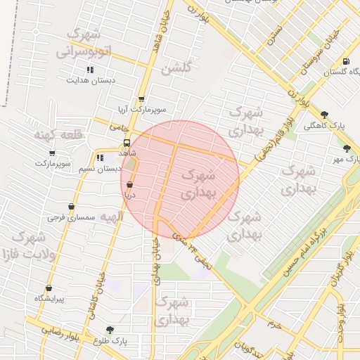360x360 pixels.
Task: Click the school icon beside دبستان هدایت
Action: [x=89, y=70]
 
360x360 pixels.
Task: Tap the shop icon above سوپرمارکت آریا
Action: [x=141, y=99]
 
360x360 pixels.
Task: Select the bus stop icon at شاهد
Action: [x=127, y=142]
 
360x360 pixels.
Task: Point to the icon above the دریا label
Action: [x=129, y=184]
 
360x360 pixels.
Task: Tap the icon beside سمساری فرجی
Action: [x=71, y=207]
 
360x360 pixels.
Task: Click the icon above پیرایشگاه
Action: [x=49, y=288]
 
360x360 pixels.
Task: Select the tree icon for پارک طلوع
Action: [x=109, y=330]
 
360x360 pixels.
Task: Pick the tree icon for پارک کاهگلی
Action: [x=323, y=114]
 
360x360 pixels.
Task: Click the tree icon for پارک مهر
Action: [x=347, y=148]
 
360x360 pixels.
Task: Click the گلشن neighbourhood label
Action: [x=176, y=68]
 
